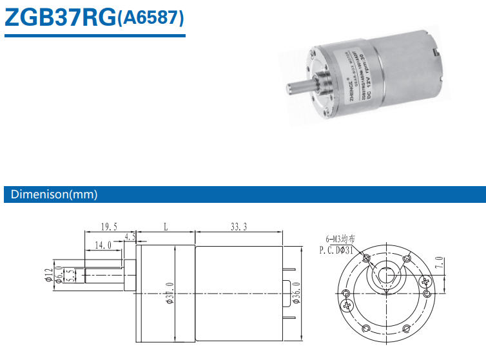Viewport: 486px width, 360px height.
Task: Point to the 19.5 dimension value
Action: point(109,226)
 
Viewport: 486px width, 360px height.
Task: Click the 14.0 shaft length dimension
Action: point(102,245)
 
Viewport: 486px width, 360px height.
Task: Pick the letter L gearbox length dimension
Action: point(166,227)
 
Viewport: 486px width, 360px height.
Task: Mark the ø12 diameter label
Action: point(48,275)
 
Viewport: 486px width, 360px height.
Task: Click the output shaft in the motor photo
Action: point(294,88)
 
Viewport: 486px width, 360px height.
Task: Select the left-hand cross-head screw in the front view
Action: point(347,303)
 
